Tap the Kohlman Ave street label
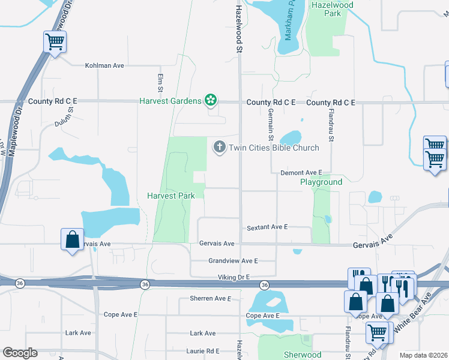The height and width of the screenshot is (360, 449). pos(104,65)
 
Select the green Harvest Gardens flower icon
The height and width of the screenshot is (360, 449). pos(211,100)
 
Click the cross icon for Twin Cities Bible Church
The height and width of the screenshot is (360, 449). pos(219,147)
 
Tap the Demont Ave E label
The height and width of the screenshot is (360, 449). pos(301,172)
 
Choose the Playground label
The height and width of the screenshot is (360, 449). pos(321,182)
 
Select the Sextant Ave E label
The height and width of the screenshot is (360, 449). pos(268,227)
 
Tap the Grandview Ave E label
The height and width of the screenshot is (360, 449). pos(233,261)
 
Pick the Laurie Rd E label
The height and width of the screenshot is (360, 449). pos(205,351)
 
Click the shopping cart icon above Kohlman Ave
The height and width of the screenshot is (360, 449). pos(55,43)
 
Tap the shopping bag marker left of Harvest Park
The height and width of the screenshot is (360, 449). pos(72,240)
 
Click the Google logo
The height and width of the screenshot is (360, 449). pos(20,353)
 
